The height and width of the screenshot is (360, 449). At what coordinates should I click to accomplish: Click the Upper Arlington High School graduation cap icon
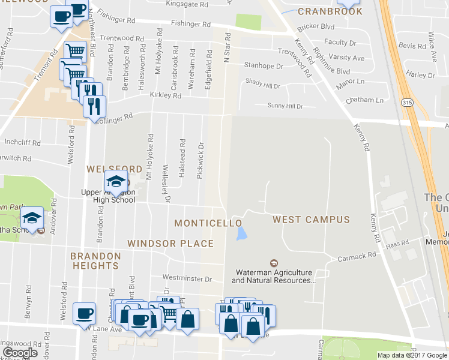116,180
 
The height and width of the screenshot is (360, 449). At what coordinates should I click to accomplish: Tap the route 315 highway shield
406,103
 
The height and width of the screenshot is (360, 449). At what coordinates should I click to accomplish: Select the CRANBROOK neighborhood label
330,11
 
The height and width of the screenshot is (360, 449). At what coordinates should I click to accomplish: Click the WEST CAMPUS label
311,220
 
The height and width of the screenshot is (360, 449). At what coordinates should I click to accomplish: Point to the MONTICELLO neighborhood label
208,223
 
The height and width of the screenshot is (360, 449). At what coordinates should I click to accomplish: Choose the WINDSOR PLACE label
170,244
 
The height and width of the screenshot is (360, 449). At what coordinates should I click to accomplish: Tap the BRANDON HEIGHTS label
95,260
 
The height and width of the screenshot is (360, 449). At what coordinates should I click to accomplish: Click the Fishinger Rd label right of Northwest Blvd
191,25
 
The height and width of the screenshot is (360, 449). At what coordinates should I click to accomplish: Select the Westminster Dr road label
188,279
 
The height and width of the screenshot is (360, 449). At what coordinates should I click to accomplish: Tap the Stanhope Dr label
263,66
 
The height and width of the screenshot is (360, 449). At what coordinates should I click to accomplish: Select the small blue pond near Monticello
241,233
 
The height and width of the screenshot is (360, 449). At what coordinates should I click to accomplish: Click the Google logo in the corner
20,353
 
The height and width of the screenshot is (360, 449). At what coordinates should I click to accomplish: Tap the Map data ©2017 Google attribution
411,355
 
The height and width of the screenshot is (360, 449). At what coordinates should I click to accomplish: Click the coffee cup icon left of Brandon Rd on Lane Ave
83,313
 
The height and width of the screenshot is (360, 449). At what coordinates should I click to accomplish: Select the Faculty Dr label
340,43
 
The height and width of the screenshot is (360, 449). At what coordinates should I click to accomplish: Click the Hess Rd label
397,244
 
